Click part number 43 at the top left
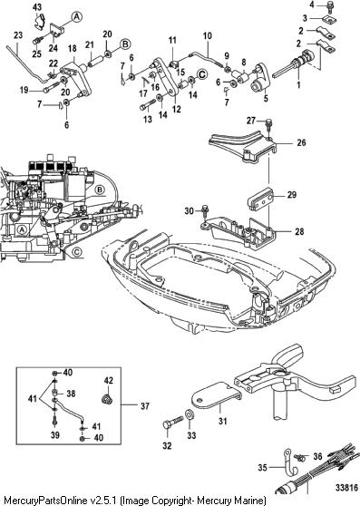[x=37, y=7]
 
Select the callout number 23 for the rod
[x=18, y=34]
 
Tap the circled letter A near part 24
[x=76, y=17]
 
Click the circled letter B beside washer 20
[x=125, y=44]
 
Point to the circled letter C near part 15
[x=202, y=74]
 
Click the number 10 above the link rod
[x=208, y=35]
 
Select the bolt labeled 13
[x=148, y=105]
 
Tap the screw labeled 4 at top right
[x=331, y=5]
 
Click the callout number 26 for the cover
[x=301, y=142]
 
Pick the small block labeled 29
[x=262, y=201]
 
